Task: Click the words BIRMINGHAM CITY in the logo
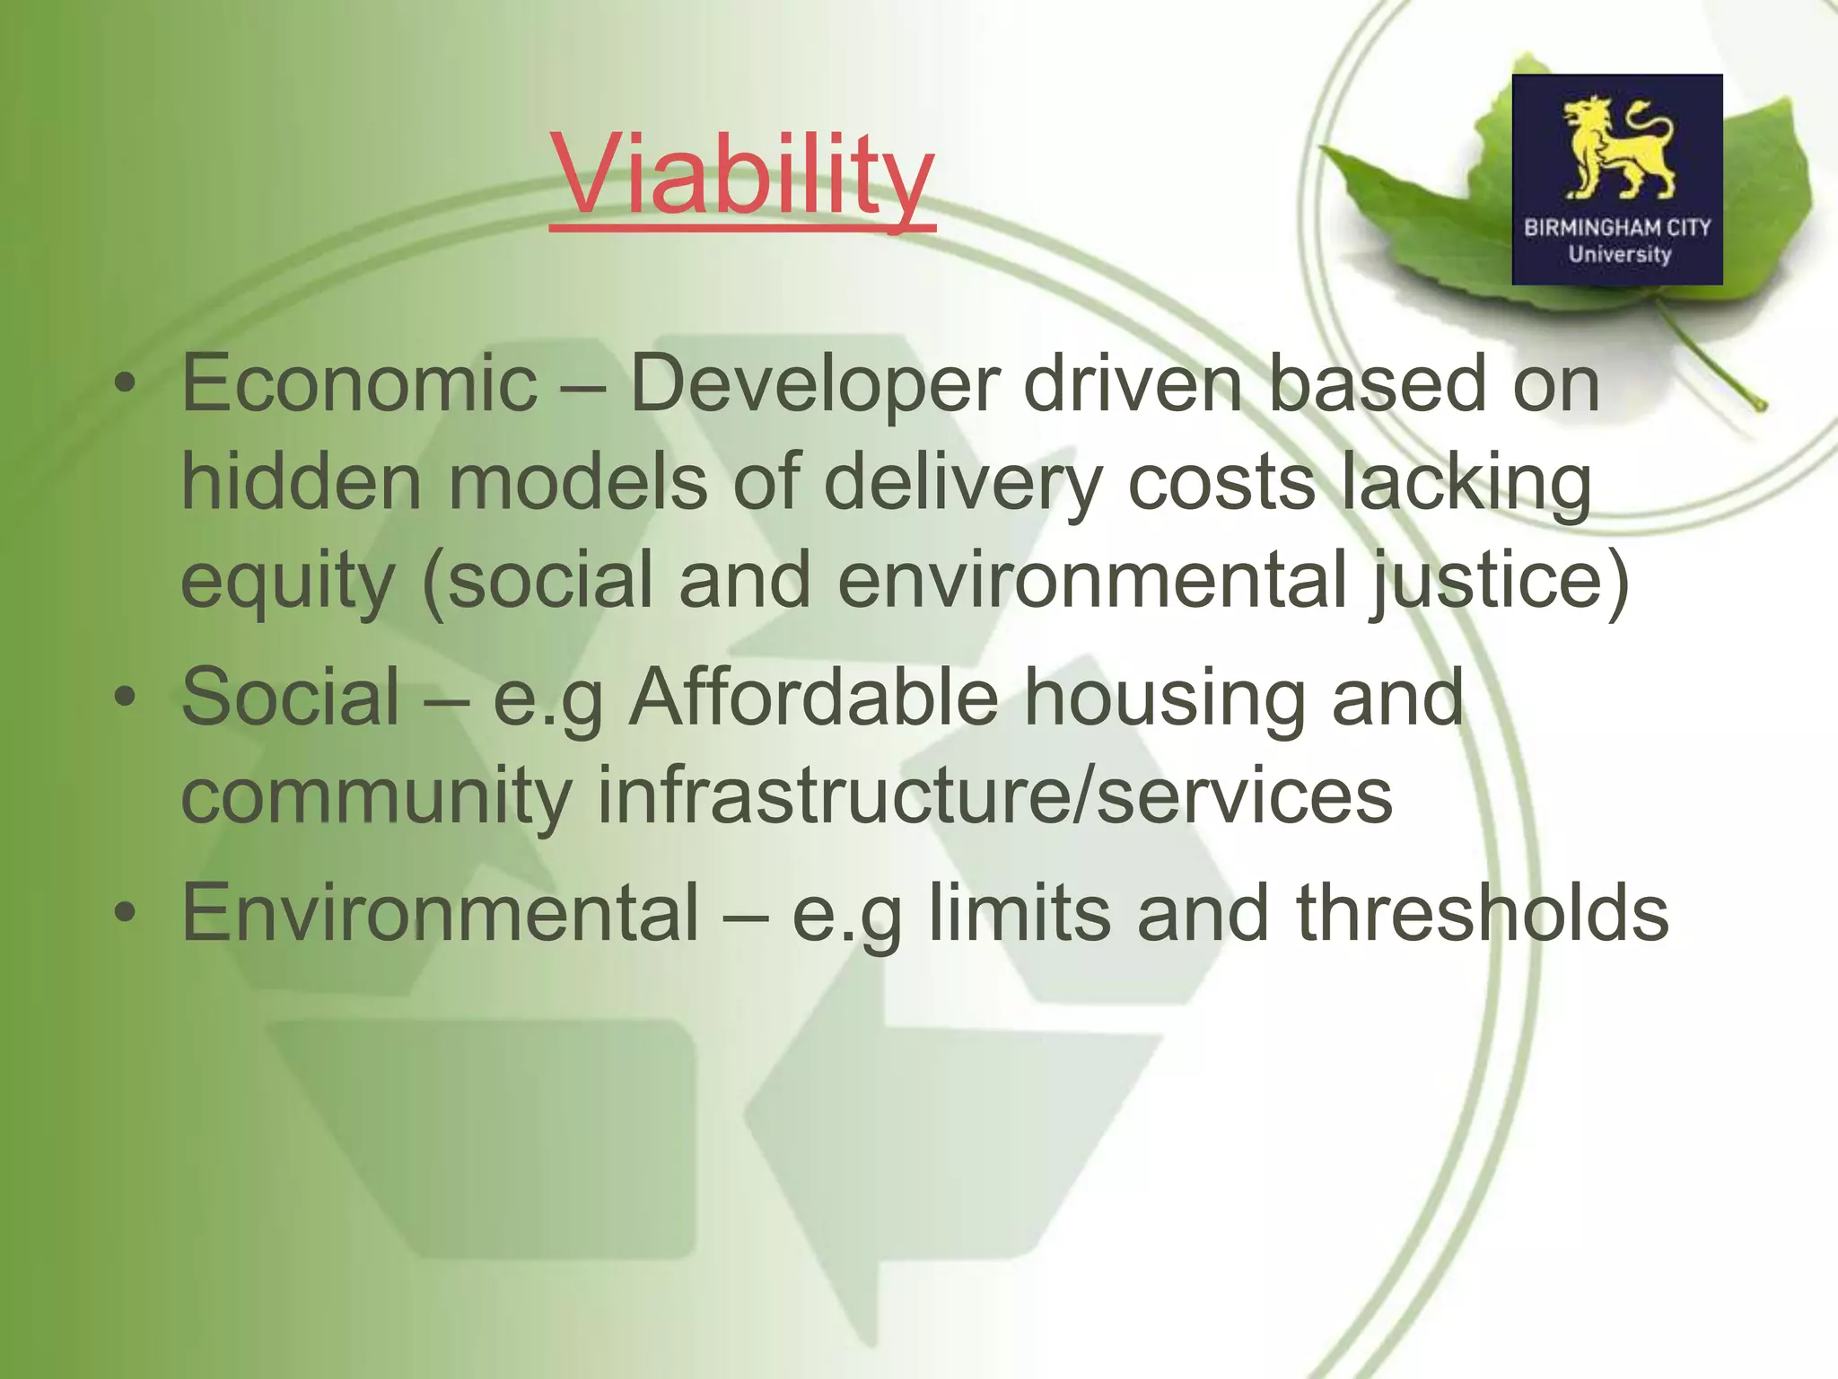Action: point(1617,228)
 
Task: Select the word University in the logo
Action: point(1619,254)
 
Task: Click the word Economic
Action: point(359,384)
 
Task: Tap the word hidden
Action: point(301,481)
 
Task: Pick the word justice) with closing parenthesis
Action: point(1499,580)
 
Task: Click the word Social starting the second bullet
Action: point(291,697)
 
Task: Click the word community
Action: point(376,795)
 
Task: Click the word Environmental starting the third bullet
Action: point(440,912)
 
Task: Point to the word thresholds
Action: point(1482,912)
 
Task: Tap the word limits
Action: point(1019,912)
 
